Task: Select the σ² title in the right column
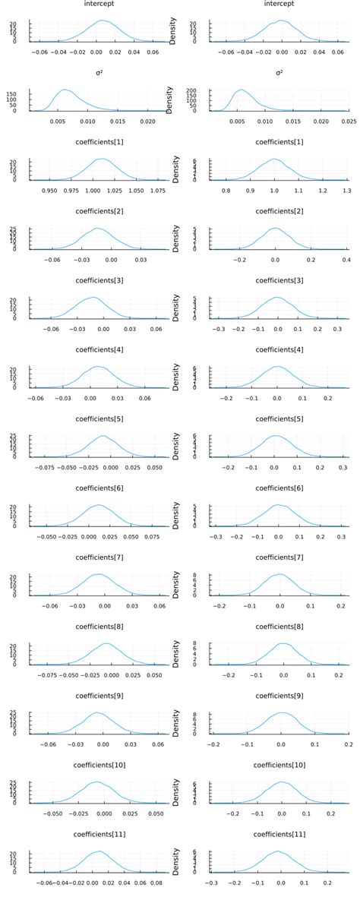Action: click(279, 73)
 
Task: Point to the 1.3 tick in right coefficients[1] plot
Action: click(346, 191)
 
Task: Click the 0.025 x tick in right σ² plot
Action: click(348, 122)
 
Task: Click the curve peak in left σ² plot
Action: click(65, 90)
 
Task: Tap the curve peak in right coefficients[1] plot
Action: click(275, 159)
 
